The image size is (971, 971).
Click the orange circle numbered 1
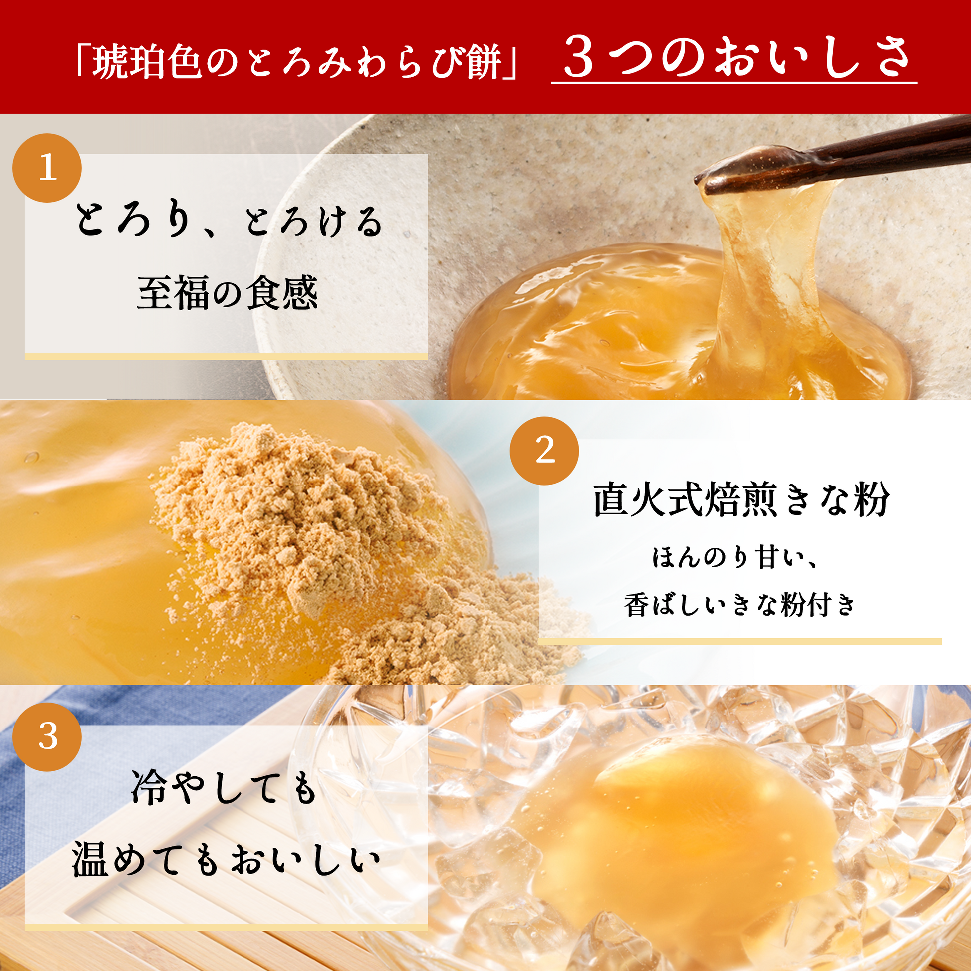(47, 167)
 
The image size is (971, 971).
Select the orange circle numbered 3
(47, 737)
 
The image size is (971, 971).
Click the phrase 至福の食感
(227, 292)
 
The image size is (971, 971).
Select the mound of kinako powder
(311, 533)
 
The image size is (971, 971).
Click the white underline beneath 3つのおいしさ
(734, 82)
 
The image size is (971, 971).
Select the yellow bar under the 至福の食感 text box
(226, 356)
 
